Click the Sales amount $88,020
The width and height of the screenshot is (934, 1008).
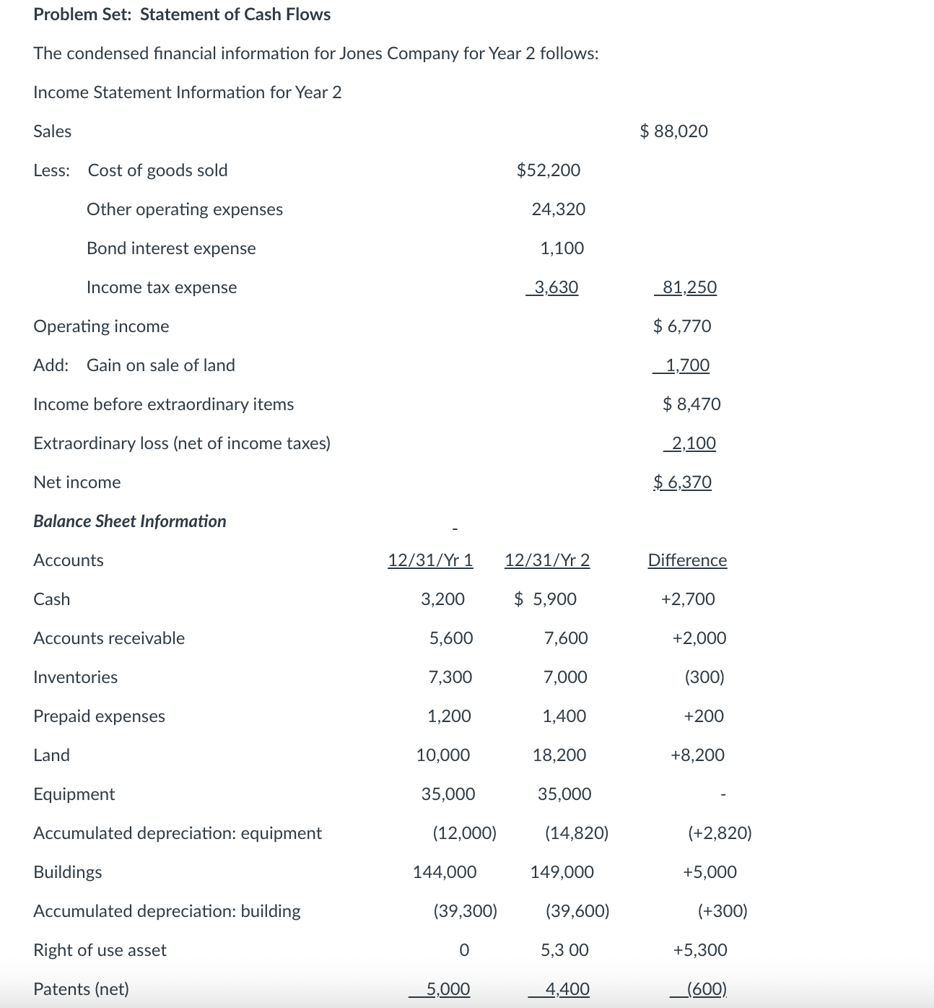673,131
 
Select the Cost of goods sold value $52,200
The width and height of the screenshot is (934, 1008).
549,170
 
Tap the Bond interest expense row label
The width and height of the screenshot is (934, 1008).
171,248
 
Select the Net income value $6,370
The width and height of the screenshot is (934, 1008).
682,482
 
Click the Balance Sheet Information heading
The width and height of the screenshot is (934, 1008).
130,521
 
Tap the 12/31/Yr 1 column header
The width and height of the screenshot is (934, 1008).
430,560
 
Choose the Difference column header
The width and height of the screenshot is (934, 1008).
687,560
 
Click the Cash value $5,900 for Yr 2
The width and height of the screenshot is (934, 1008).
546,599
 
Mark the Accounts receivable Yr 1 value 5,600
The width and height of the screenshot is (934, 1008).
451,638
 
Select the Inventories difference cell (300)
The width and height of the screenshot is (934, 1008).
704,677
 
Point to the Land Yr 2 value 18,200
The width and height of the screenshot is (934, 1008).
559,755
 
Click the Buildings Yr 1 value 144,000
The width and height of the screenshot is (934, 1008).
445,872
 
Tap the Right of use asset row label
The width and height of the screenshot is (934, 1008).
100,950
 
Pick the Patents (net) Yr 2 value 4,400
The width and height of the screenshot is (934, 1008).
567,989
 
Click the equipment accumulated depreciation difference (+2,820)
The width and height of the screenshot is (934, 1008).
720,833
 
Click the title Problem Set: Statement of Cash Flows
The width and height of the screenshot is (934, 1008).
182,14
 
